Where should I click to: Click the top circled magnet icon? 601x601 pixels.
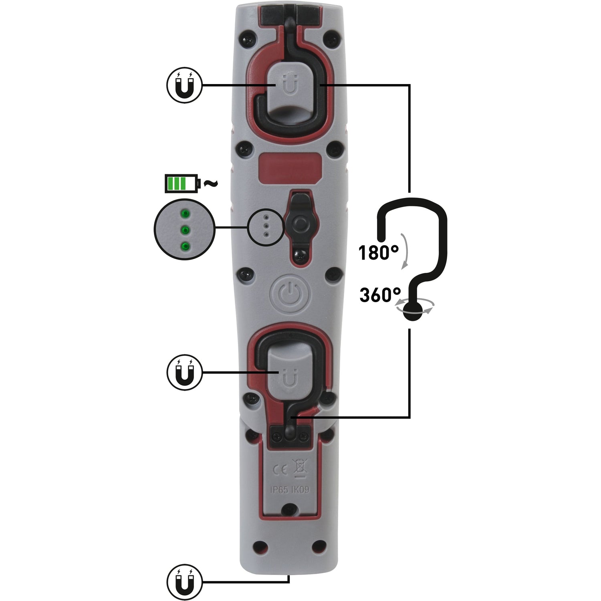coord(184,85)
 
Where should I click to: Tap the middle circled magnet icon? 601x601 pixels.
coord(184,373)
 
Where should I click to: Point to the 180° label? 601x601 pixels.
coord(378,253)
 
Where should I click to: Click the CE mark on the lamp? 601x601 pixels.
coord(280,470)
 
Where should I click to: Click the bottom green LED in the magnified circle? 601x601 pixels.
coord(184,246)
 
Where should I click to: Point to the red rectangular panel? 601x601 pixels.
coord(290,168)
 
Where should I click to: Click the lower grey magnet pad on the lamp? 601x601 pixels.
coord(288,369)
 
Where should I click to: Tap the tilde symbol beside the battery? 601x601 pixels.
coord(211,184)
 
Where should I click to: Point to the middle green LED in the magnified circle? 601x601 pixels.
coord(184,230)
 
